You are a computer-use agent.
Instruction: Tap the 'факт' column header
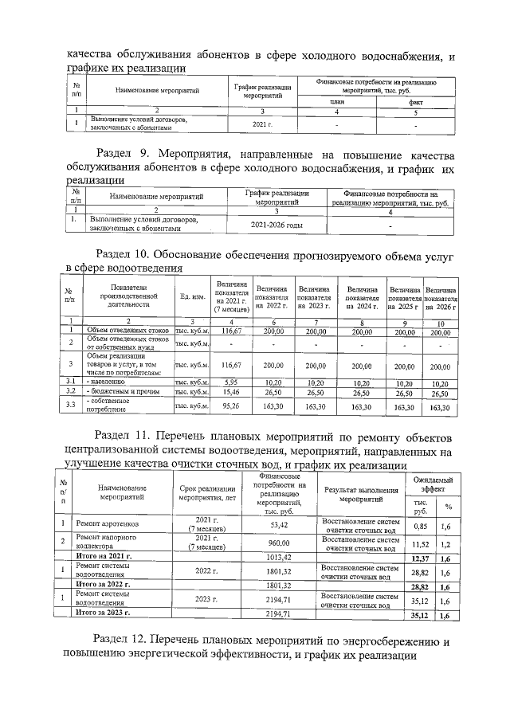pyautogui.click(x=416, y=102)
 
